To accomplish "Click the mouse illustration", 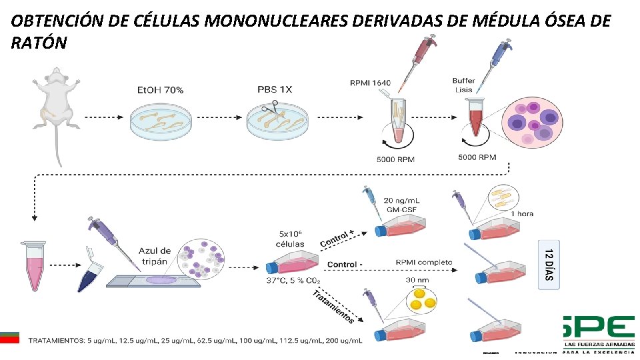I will [x=57, y=107].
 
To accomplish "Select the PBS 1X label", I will [x=275, y=89].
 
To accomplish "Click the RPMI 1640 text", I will [x=370, y=83].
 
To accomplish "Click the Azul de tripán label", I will [x=155, y=256].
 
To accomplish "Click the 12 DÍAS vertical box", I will [x=548, y=265].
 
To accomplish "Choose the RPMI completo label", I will [x=424, y=263].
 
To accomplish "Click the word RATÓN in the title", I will [x=39, y=43].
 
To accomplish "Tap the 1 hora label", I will [x=522, y=214].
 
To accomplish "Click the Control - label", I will [x=345, y=265].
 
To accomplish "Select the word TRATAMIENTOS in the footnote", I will [x=57, y=341].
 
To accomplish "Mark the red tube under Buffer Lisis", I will [x=475, y=119].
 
